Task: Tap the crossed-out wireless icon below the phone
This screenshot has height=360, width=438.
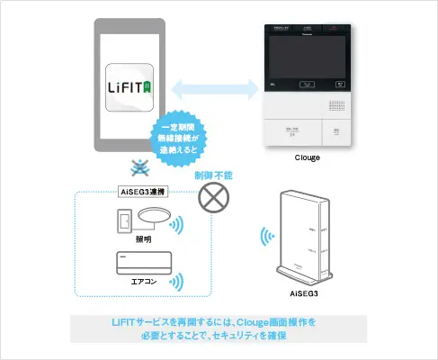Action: pyautogui.click(x=138, y=168)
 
